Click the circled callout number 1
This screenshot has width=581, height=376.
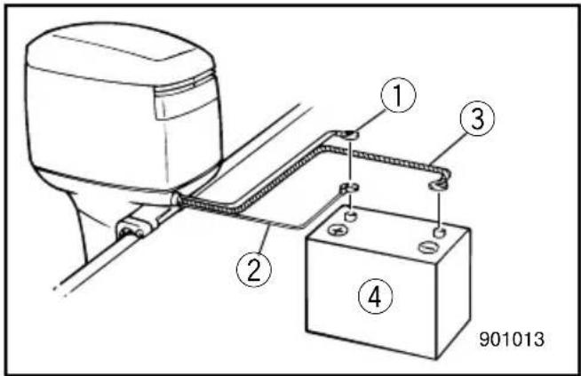(398, 95)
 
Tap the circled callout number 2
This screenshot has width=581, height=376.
(254, 269)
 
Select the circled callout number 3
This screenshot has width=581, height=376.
(477, 118)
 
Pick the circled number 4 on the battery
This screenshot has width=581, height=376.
(375, 296)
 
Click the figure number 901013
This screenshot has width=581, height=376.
(512, 339)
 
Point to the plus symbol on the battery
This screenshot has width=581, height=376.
(338, 230)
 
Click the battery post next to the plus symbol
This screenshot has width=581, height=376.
(351, 215)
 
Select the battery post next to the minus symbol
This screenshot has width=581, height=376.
(440, 233)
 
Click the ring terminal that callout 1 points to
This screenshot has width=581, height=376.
(350, 135)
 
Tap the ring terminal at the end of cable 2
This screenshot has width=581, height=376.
(350, 188)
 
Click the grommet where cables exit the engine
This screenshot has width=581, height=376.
(176, 199)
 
